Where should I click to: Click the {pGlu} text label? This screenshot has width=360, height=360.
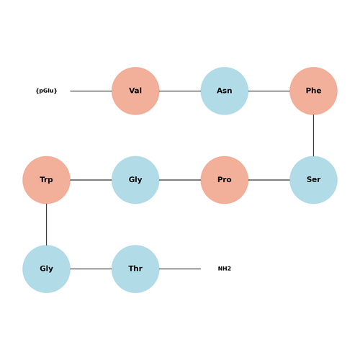click(x=46, y=91)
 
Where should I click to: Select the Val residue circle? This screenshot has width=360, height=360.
click(x=135, y=91)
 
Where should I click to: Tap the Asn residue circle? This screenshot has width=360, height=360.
click(x=225, y=91)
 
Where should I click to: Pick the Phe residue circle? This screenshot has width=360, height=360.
click(x=313, y=91)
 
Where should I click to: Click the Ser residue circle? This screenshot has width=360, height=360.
click(x=313, y=180)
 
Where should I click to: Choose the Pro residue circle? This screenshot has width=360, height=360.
click(x=225, y=180)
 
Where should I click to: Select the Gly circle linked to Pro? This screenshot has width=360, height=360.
click(x=135, y=180)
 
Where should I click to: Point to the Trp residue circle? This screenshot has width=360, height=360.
click(x=46, y=180)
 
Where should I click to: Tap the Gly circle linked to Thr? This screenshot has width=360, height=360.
click(x=46, y=269)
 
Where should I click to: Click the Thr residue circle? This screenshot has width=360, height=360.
click(x=135, y=269)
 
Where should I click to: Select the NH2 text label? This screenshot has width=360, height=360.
click(x=225, y=269)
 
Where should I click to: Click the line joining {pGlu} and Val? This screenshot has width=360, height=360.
click(x=91, y=91)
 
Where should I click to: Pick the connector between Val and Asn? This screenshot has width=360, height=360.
click(x=180, y=91)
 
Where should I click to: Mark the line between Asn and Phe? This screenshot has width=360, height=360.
click(x=269, y=91)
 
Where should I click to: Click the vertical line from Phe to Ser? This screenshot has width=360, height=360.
click(x=313, y=135)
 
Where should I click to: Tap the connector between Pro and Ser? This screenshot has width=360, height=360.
click(x=269, y=180)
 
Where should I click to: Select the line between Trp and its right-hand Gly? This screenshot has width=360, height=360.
click(x=91, y=180)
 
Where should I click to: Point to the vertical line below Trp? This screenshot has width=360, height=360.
click(x=46, y=225)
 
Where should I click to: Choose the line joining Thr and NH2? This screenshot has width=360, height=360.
click(x=180, y=269)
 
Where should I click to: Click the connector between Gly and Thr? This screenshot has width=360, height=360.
click(x=91, y=269)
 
